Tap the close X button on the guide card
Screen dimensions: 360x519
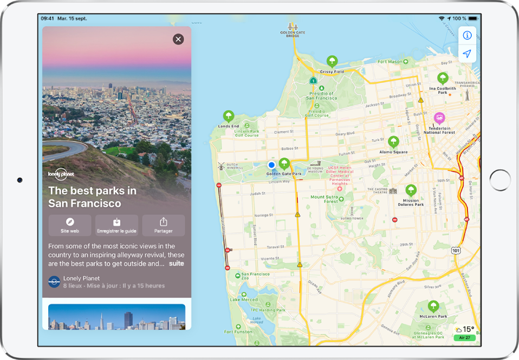(178, 39)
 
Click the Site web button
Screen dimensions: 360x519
(70, 225)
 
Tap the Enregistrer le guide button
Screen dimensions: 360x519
(116, 225)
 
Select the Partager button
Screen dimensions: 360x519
(163, 225)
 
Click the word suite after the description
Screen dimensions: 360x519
(176, 264)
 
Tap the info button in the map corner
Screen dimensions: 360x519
(467, 36)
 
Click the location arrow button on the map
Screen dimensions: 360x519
(467, 54)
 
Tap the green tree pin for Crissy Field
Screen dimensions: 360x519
(332, 61)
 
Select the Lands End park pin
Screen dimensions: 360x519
(229, 116)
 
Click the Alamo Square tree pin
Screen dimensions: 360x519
(393, 142)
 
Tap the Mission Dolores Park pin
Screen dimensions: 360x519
(411, 190)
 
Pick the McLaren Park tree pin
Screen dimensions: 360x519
(433, 306)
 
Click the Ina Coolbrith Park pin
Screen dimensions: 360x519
(443, 78)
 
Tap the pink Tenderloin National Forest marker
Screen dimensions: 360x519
(439, 118)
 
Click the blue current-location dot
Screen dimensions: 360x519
(272, 165)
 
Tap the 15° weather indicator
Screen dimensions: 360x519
(465, 329)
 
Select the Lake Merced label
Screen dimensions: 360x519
(243, 299)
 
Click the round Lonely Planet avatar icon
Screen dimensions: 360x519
(54, 282)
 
